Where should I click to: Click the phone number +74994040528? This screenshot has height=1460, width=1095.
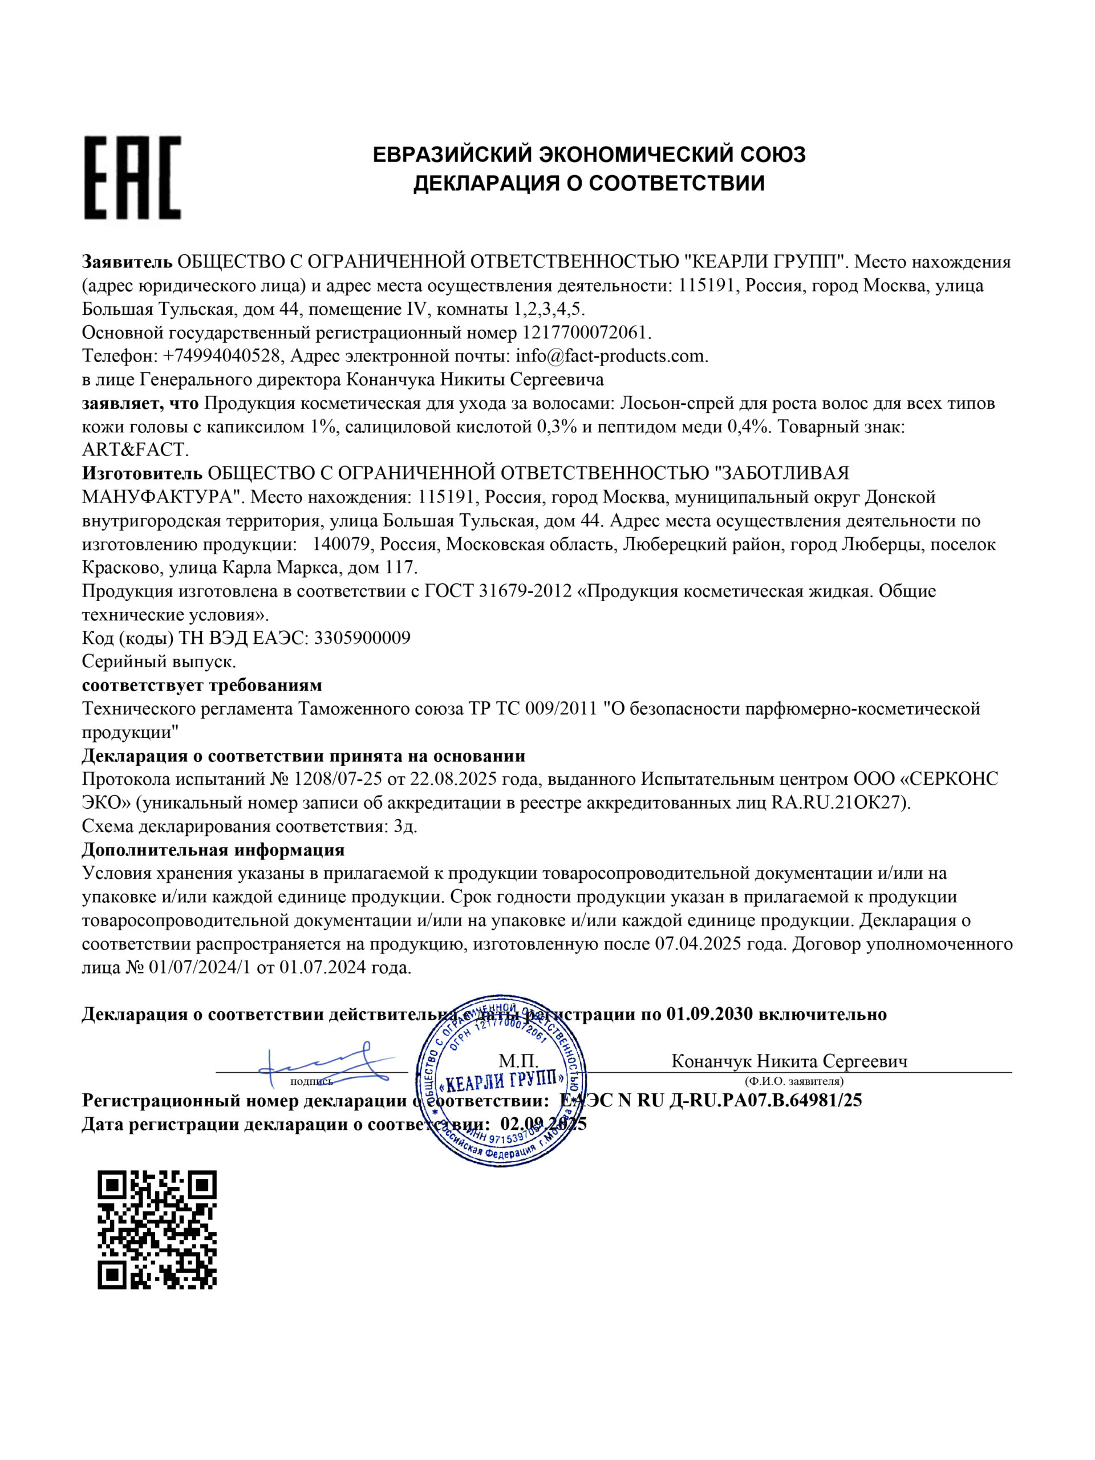click(221, 356)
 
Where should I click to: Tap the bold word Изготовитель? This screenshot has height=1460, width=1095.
click(142, 473)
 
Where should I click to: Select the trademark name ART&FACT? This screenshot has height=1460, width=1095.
click(135, 450)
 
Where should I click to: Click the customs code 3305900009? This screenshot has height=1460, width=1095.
click(362, 638)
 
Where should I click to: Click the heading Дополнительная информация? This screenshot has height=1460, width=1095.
click(213, 850)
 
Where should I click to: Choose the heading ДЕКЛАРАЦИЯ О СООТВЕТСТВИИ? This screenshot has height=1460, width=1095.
click(589, 183)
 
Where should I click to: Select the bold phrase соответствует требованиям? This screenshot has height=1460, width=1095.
click(202, 685)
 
